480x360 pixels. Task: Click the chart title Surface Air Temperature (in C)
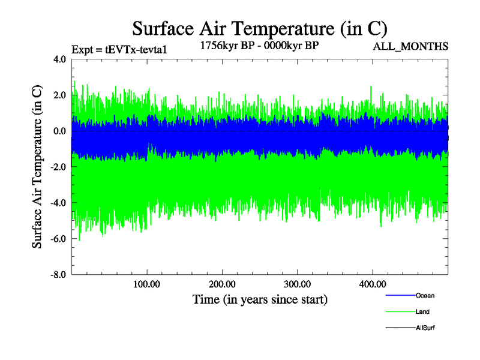pyautogui.click(x=259, y=28)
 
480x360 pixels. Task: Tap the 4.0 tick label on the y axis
pyautogui.click(x=59, y=59)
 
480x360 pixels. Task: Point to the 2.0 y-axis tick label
pyautogui.click(x=59, y=95)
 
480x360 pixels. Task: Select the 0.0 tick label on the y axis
pyautogui.click(x=59, y=131)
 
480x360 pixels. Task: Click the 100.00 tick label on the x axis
pyautogui.click(x=147, y=284)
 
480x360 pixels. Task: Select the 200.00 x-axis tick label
pyautogui.click(x=222, y=284)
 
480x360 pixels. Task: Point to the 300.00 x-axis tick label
pyautogui.click(x=297, y=284)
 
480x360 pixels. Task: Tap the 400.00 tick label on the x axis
pyautogui.click(x=372, y=284)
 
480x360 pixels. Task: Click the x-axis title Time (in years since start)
pyautogui.click(x=260, y=299)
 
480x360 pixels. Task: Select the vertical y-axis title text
pyautogui.click(x=37, y=167)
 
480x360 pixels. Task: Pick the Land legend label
pyautogui.click(x=422, y=312)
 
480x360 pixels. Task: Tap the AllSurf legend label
pyautogui.click(x=425, y=328)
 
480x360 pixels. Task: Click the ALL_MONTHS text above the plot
pyautogui.click(x=410, y=46)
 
